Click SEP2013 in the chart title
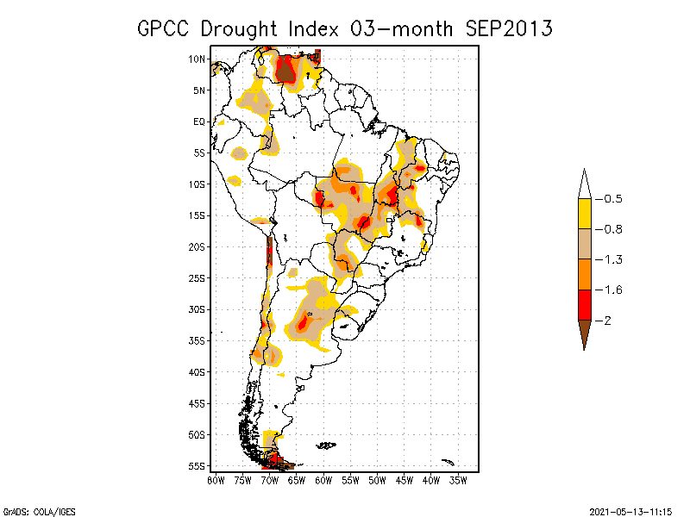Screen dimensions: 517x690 point(509,28)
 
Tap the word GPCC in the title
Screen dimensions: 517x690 point(164,28)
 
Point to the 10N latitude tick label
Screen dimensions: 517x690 point(197,59)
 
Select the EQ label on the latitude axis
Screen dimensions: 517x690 point(199,121)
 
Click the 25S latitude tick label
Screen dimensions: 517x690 point(197,277)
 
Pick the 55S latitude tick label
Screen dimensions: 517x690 point(197,465)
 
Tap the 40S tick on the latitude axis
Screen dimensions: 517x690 point(197,371)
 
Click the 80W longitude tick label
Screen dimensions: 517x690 point(216,480)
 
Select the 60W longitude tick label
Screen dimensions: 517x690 point(323,480)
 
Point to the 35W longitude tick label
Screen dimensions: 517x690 point(458,480)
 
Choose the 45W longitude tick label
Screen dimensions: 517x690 point(405,480)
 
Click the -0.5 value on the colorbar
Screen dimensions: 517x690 point(610,199)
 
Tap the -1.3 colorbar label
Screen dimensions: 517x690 point(610,259)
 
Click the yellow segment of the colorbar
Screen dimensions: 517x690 point(584,214)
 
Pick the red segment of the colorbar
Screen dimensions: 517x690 point(584,305)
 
